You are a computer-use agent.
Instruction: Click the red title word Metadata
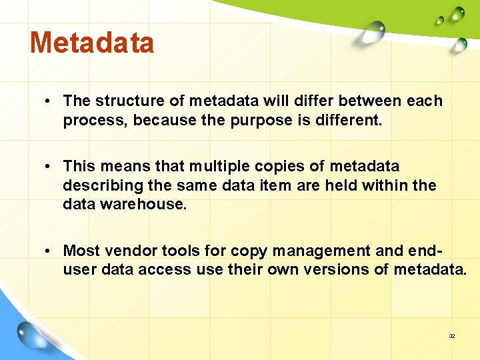[x=92, y=43]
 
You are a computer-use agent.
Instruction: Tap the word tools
[x=181, y=251]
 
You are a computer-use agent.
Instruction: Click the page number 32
[x=451, y=336]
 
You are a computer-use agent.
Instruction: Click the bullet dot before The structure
[x=49, y=101]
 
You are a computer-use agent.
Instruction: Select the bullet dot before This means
[x=49, y=167]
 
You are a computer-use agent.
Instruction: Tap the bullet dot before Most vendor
[x=49, y=251]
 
